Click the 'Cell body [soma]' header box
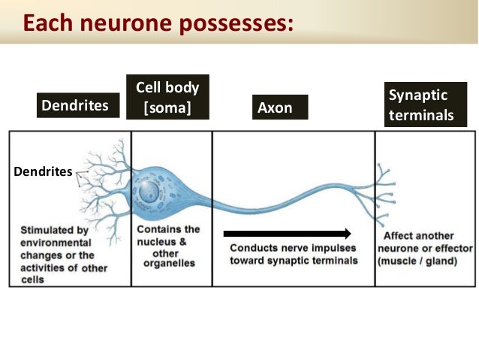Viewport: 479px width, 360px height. [167, 97]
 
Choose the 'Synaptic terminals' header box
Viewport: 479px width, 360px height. [425, 105]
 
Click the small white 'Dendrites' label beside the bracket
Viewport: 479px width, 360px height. [42, 172]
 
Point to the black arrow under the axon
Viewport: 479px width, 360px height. [288, 234]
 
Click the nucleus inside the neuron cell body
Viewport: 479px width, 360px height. [149, 192]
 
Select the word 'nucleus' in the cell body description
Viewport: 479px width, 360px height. [158, 241]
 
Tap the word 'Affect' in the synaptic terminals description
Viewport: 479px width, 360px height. [396, 236]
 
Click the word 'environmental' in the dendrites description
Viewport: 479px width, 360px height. [56, 244]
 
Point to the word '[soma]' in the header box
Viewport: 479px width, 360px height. [167, 108]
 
